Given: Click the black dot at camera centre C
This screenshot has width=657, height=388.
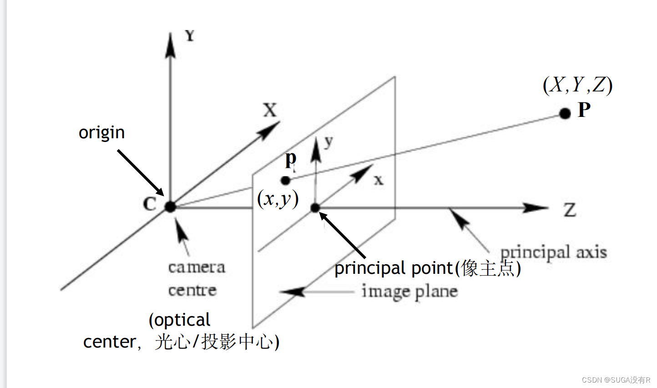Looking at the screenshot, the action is coord(170,207).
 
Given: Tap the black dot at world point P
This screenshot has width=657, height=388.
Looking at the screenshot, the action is coord(565,113).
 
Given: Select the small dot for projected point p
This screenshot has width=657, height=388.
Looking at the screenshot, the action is coord(285,181).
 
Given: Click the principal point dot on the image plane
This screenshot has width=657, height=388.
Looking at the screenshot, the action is coord(315,208).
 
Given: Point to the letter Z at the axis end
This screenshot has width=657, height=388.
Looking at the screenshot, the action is coord(570,210).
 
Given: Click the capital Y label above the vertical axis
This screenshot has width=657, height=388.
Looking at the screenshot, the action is coord(190,35).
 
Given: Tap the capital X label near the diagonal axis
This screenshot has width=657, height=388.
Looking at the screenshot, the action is coord(270,110).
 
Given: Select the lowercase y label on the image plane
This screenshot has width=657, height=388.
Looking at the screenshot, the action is coord(329,142).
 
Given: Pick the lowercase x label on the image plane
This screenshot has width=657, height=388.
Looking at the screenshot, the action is coord(379,181).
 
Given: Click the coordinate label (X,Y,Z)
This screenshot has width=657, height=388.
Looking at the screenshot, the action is coord(577,85).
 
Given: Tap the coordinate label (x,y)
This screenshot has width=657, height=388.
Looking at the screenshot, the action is coord(278,199).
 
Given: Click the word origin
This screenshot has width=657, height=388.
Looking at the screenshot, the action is coord(101,132).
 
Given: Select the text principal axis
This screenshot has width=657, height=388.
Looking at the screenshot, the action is coord(553,252).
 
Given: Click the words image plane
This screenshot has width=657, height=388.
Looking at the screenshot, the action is coord(409,292).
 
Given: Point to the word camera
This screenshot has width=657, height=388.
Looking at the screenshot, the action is coord(197,267).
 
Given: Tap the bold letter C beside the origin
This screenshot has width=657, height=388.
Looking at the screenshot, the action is coord(150,204).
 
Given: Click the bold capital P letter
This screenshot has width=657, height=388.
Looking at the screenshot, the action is coord(584,110).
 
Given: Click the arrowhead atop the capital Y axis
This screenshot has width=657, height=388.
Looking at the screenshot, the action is coord(171,45).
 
